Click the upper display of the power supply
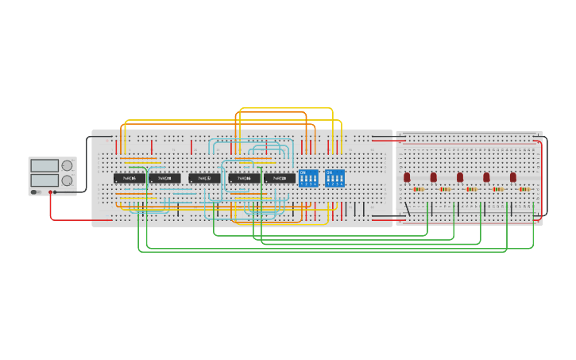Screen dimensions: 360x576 pos(44,165)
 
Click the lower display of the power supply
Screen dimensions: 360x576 pos(44,180)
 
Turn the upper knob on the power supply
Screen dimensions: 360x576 pos(67,165)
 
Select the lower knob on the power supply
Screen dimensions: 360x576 pos(67,180)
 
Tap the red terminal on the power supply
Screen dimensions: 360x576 pos(50,192)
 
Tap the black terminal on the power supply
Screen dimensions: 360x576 pos(55,192)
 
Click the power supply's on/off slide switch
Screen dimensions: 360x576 pos(34,192)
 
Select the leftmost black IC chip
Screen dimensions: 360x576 pos(129,179)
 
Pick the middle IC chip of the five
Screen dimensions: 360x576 pos(204,179)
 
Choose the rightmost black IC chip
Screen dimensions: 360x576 pos(280,179)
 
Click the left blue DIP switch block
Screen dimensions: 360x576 pos(308,178)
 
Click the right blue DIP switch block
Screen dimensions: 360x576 pos(334,178)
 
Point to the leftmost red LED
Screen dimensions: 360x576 pos(407,177)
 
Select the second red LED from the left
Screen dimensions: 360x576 pos(433,177)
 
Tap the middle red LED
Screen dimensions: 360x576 pos(460,177)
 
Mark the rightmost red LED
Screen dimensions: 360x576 pos(513,177)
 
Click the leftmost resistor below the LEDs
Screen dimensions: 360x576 pos(418,189)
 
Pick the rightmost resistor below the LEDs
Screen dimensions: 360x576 pos(524,189)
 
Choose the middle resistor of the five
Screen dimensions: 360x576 pos(471,189)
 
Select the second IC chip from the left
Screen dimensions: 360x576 pos(164,179)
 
